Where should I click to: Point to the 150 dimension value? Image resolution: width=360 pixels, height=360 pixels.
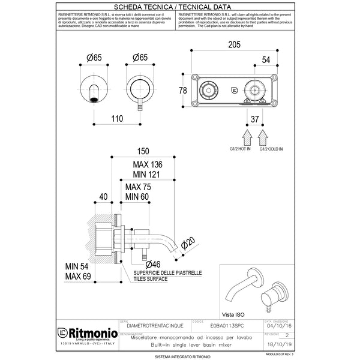(x=142, y=152)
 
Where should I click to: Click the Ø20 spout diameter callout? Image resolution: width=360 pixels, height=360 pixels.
(x=188, y=243)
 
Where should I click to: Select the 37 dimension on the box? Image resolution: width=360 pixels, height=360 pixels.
(x=255, y=119)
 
